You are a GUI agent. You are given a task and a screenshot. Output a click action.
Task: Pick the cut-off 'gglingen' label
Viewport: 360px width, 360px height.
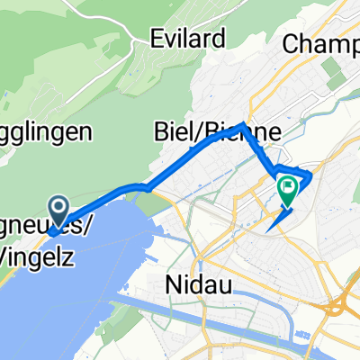click(x=45, y=132)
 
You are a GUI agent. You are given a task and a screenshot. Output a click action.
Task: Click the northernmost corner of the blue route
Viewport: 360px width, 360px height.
click(x=241, y=125)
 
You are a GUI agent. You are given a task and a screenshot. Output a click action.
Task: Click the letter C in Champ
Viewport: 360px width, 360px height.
click(x=292, y=42)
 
